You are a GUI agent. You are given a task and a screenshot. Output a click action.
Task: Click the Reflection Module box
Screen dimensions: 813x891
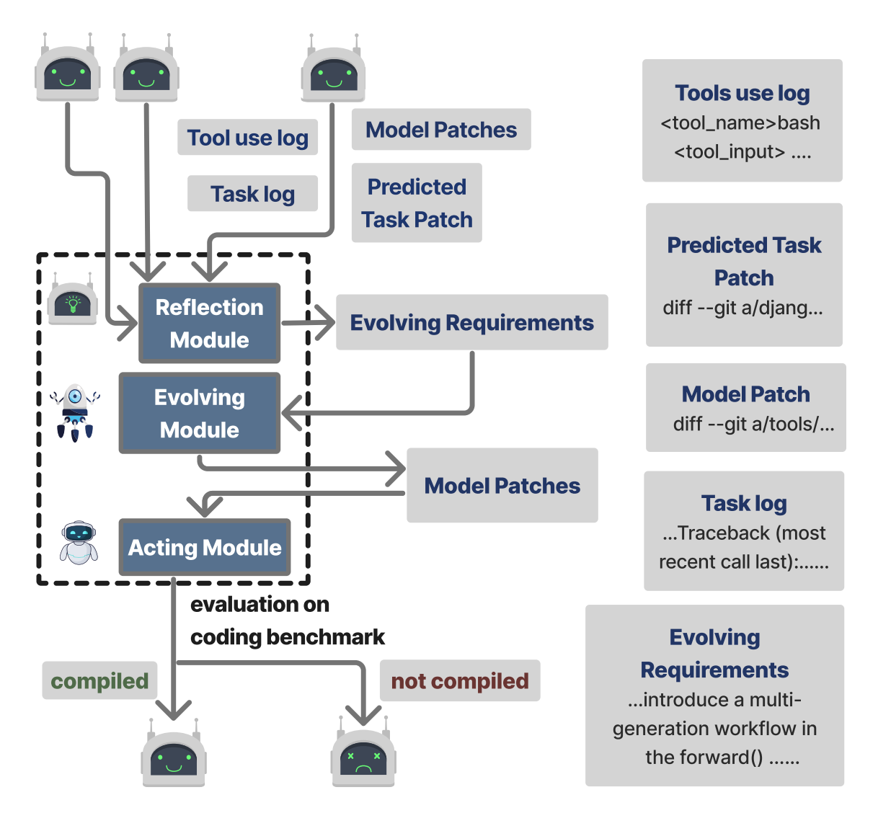pyautogui.click(x=209, y=323)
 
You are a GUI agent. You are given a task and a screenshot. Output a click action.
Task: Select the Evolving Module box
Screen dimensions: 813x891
pyautogui.click(x=200, y=413)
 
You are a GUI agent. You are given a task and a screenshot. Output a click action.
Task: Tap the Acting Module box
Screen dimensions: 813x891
pyautogui.click(x=205, y=548)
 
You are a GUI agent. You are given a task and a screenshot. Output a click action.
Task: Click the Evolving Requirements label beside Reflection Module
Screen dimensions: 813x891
pyautogui.click(x=471, y=322)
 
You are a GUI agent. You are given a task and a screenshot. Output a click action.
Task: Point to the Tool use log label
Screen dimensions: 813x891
pyautogui.click(x=247, y=137)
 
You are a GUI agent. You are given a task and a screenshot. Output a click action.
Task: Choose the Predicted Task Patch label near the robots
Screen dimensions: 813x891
pyautogui.click(x=417, y=203)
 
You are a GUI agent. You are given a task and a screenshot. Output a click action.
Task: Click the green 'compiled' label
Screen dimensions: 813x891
pyautogui.click(x=99, y=680)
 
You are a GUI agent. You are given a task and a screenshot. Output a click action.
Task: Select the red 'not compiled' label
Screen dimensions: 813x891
pyautogui.click(x=460, y=680)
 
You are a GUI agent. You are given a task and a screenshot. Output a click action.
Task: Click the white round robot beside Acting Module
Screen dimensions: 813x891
pyautogui.click(x=79, y=542)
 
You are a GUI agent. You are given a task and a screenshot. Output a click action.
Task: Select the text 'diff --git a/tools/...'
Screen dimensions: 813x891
pyautogui.click(x=753, y=424)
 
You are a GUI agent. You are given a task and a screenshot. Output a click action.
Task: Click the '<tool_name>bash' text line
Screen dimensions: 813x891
pyautogui.click(x=740, y=123)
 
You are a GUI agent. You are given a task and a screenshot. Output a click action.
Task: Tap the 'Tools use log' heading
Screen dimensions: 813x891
pyautogui.click(x=742, y=93)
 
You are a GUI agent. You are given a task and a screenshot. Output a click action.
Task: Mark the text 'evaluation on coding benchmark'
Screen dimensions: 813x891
pyautogui.click(x=287, y=621)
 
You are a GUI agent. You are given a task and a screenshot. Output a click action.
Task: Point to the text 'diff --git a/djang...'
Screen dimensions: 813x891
pyautogui.click(x=742, y=308)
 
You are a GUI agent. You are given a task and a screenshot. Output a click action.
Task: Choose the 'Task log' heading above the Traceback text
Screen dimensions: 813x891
pyautogui.click(x=744, y=503)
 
